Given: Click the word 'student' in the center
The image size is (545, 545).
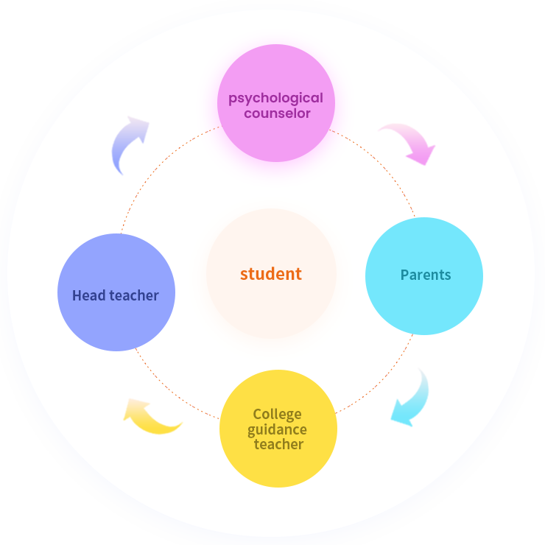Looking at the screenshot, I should point(271,274).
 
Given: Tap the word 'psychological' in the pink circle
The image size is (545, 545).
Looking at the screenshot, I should point(275,98).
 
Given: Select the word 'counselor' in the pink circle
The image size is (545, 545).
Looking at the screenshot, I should point(277,113).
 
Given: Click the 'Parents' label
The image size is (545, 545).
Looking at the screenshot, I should point(425,275).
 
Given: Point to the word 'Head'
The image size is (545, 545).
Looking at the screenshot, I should point(88,295).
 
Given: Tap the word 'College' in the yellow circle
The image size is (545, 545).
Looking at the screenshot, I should point(277,414).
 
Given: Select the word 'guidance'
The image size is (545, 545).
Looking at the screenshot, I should point(277,429).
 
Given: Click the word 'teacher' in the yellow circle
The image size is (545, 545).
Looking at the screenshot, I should point(278,444).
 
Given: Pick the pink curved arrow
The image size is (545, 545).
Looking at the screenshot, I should point(409,141).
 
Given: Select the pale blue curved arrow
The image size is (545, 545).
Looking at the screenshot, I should point(128,144).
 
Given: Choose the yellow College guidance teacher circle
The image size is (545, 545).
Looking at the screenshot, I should point(278,468).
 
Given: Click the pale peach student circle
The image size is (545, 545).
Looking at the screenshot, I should point(271,309).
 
